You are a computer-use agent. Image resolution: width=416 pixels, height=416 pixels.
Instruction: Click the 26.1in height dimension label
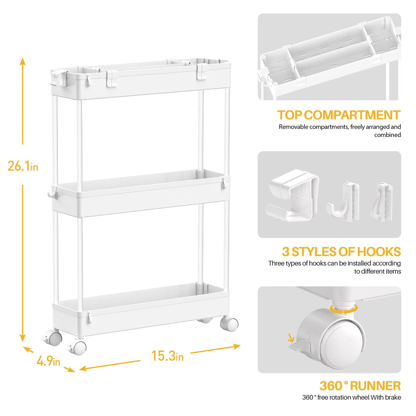[23, 166]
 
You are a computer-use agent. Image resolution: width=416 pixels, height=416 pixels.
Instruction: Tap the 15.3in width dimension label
[167, 356]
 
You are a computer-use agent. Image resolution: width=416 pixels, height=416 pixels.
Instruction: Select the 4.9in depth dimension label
[48, 361]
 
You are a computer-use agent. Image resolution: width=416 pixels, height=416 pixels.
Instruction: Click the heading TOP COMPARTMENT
[339, 115]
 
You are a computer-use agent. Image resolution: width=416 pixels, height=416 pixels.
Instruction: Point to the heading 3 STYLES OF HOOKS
[341, 251]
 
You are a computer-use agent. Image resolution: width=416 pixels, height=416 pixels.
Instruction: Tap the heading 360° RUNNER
[360, 386]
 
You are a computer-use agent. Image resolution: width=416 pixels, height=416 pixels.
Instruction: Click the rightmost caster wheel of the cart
[230, 324]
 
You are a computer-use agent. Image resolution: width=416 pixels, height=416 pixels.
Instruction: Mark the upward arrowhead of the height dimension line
[23, 61]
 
